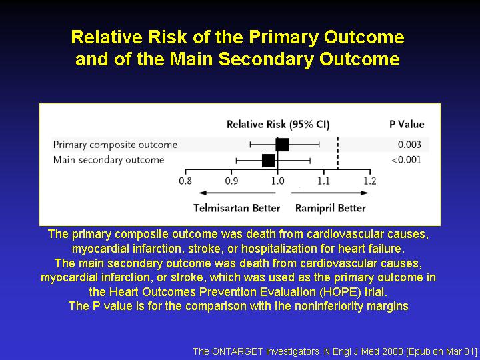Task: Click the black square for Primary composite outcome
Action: [x=282, y=145]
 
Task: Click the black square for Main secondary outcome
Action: [x=269, y=161]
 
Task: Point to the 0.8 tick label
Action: [x=185, y=181]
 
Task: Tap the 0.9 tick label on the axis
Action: [x=231, y=181]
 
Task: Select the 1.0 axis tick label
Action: [x=277, y=181]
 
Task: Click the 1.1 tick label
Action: [x=323, y=181]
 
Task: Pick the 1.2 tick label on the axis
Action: [x=370, y=181]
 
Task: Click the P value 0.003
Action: [x=409, y=145]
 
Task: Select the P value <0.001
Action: [x=406, y=160]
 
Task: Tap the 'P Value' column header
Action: [x=407, y=124]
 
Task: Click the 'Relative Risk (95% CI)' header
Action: [x=278, y=125]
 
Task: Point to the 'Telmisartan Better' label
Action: [x=237, y=208]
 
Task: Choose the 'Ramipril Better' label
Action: [x=331, y=208]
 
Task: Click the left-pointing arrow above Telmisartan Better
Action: [x=237, y=193]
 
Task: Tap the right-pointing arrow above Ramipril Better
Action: [x=330, y=193]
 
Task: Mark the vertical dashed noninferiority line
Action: [x=338, y=153]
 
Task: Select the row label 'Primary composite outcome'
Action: [x=115, y=145]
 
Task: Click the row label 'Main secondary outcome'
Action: [x=109, y=160]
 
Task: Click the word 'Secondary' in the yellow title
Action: [x=266, y=59]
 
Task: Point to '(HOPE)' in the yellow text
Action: [x=340, y=292]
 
